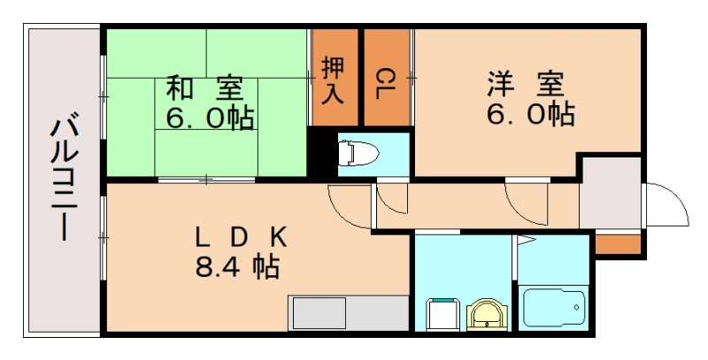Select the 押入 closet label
334,79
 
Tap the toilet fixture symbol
358,154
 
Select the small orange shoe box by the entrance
616,243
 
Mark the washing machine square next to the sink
442,314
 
